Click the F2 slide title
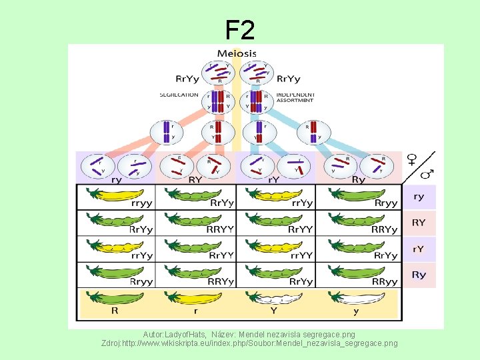point(240,30)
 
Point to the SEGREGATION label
point(179,95)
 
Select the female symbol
point(413,159)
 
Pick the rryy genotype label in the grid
point(141,203)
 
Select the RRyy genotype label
point(385,281)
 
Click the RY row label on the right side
point(419,223)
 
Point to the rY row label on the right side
point(419,249)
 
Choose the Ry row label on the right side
point(419,275)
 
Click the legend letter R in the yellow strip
point(115,310)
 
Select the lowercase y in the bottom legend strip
point(355,311)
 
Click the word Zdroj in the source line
point(111,343)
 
